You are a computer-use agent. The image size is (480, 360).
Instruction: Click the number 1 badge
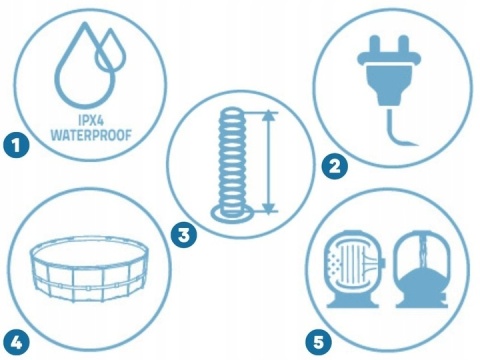click(16, 145)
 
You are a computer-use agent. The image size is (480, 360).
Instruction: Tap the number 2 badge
click(334, 166)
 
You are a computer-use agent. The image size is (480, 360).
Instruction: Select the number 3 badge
click(184, 235)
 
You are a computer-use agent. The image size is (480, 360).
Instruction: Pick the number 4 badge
click(16, 342)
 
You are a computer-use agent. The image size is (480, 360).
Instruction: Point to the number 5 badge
click(319, 342)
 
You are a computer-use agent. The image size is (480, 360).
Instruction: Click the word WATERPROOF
click(91, 135)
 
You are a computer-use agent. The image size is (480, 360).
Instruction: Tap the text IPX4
click(91, 119)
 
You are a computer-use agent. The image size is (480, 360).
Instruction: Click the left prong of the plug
click(375, 44)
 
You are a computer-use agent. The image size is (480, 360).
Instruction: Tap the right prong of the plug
click(403, 44)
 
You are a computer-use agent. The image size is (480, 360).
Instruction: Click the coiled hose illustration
click(232, 163)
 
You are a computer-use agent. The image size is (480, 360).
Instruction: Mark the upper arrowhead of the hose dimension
click(269, 115)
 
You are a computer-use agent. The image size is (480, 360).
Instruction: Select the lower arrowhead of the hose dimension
click(269, 208)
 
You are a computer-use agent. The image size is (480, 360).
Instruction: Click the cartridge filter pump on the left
click(354, 269)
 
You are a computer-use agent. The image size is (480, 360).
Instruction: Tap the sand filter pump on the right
click(423, 269)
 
